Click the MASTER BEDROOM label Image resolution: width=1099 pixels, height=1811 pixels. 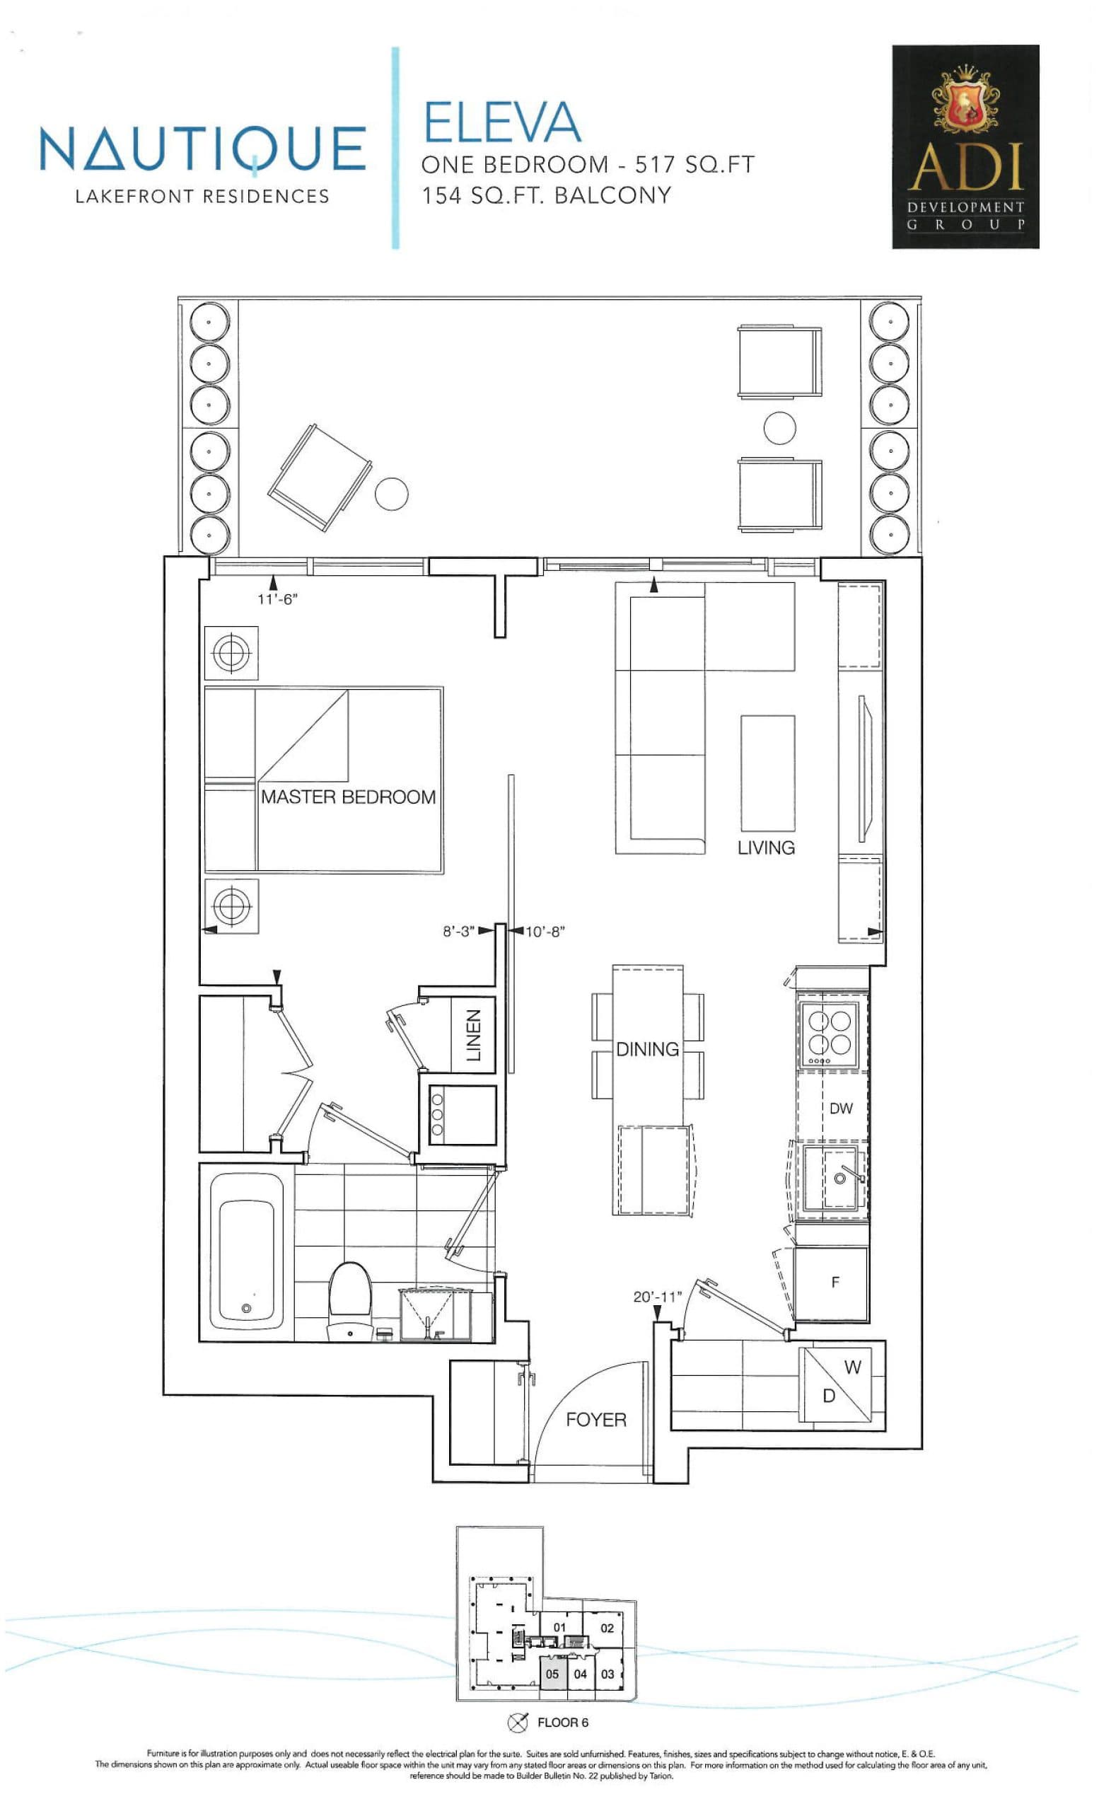[347, 797]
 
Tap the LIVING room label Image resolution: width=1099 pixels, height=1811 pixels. [765, 847]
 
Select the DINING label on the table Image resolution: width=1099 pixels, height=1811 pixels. [646, 1049]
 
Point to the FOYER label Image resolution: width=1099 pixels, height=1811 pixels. [595, 1419]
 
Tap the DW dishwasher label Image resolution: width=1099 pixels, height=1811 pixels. [840, 1108]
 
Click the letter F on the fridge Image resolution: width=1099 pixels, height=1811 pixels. [835, 1282]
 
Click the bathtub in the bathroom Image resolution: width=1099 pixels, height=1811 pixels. [246, 1251]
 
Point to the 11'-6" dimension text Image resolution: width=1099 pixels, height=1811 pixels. [277, 599]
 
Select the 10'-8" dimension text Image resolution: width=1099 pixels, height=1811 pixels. [545, 932]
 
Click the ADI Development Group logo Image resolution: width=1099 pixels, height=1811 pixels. [965, 146]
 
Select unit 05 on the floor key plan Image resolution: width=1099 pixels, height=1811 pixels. [552, 1674]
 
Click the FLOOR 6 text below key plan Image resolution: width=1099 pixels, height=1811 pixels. [562, 1722]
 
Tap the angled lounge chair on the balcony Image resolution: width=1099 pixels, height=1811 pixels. [318, 476]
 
